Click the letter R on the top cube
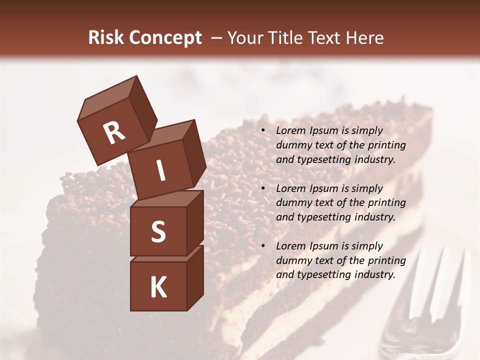[x=114, y=133]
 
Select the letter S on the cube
[x=158, y=231]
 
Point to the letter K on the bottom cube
[x=158, y=287]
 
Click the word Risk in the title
[x=106, y=38]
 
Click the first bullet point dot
[x=262, y=131]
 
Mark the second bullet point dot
[x=262, y=188]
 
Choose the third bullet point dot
[x=262, y=246]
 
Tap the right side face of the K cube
[x=195, y=277]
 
